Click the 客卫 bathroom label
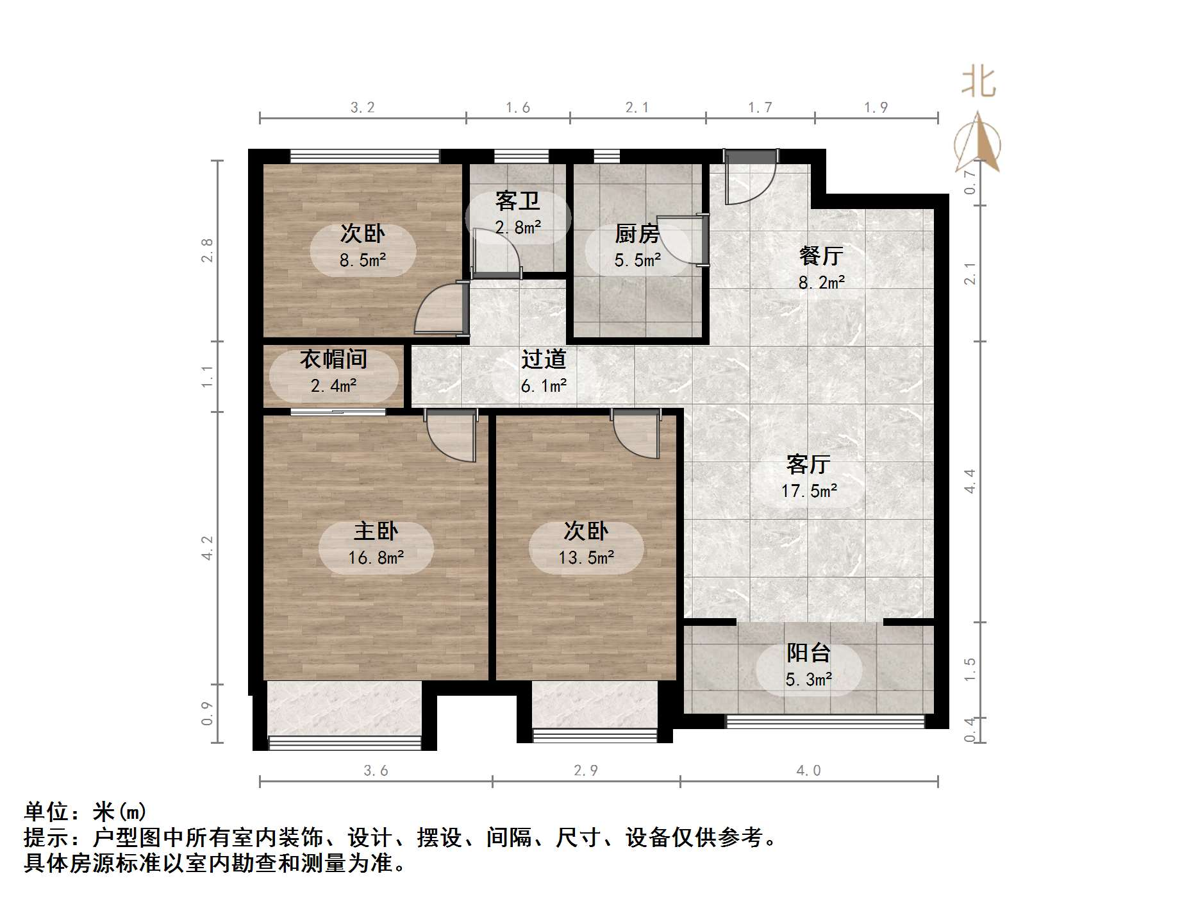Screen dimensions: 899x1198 click(517, 201)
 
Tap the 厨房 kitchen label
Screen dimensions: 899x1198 click(636, 234)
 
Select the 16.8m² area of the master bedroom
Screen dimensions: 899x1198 click(376, 558)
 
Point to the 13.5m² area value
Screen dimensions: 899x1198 click(586, 558)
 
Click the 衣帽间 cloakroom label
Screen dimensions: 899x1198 click(333, 359)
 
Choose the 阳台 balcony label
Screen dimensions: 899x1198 click(808, 653)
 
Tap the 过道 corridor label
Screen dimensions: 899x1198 click(544, 360)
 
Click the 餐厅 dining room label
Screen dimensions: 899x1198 click(821, 256)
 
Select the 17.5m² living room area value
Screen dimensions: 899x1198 click(809, 491)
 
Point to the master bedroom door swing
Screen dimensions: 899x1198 click(452, 436)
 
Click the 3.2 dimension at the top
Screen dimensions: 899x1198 click(362, 108)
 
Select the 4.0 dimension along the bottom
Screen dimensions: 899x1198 click(808, 771)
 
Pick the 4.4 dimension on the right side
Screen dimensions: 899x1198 click(970, 481)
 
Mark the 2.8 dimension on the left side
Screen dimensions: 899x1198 click(206, 250)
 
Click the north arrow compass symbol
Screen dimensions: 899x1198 click(978, 144)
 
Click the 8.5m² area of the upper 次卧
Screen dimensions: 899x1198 click(363, 260)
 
